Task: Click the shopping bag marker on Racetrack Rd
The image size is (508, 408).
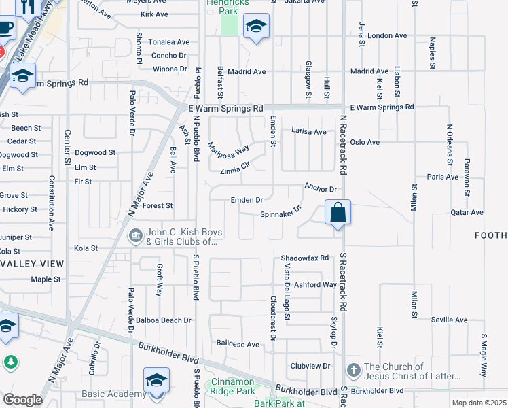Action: click(338, 213)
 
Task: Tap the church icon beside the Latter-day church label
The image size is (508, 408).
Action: click(352, 370)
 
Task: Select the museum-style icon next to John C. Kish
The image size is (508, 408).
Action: click(134, 235)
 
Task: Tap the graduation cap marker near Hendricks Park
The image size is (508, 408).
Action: click(255, 28)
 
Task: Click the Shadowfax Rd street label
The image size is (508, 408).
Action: click(305, 258)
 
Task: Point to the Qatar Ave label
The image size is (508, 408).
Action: click(467, 212)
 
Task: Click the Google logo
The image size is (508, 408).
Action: click(22, 400)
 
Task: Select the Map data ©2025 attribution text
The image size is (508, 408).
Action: click(479, 403)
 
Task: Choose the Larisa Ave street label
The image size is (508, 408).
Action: click(309, 131)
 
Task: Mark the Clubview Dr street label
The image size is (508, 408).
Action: click(310, 365)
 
